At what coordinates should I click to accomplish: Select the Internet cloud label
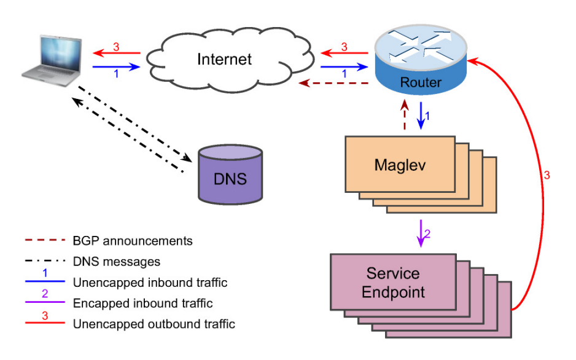click(224, 60)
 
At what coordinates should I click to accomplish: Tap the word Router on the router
click(421, 82)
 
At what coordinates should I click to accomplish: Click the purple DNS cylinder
click(230, 175)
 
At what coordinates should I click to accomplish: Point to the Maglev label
click(399, 165)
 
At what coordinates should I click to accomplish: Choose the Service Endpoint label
click(393, 282)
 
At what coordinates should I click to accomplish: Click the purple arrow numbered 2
click(421, 233)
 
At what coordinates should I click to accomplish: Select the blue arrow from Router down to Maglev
click(422, 115)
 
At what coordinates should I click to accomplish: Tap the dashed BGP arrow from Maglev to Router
click(405, 115)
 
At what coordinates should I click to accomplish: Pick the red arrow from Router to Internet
click(344, 53)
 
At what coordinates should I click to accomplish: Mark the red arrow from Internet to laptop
click(116, 53)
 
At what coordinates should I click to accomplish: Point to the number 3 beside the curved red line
click(547, 176)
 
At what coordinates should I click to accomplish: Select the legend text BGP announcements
click(132, 241)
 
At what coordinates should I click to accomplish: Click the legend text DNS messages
click(116, 262)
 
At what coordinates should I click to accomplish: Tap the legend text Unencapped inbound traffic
click(150, 283)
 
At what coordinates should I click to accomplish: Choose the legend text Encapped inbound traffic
click(142, 303)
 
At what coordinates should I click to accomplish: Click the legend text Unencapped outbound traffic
click(154, 324)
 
